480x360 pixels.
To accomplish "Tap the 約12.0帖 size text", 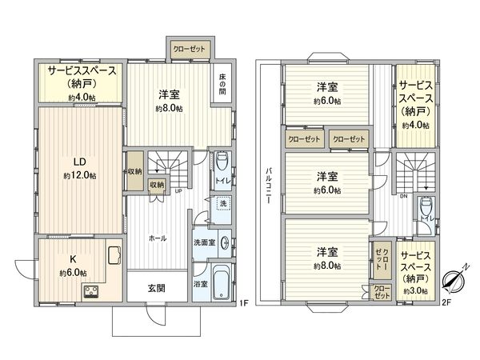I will pyautogui.click(x=80, y=175).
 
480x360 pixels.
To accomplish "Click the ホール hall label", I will pyautogui.click(x=157, y=238).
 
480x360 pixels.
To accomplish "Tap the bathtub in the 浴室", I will pyautogui.click(x=220, y=285).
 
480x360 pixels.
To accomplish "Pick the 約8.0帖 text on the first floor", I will pyautogui.click(x=169, y=109).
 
